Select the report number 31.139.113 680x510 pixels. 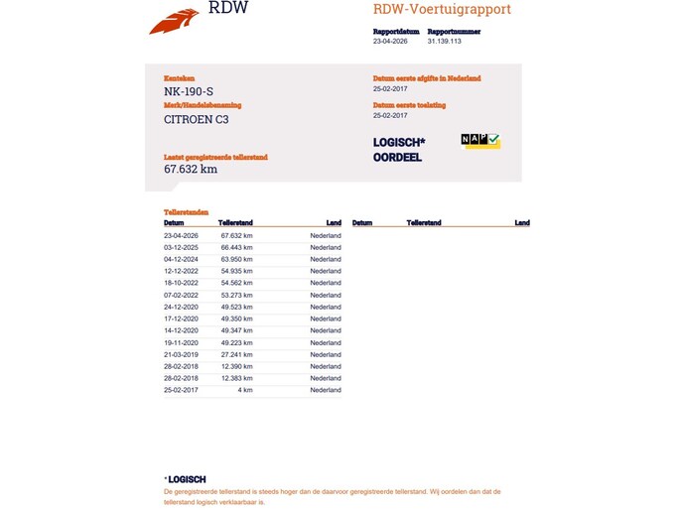(444, 42)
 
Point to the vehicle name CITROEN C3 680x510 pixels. (196, 119)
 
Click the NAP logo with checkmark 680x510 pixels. (480, 141)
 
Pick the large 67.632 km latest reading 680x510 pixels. (191, 169)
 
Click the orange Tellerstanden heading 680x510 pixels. (186, 212)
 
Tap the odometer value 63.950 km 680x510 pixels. (236, 259)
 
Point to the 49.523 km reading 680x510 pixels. (236, 307)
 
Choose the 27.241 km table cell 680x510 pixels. (236, 354)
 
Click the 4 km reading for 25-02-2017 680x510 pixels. (245, 390)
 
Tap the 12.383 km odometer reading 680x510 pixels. (236, 378)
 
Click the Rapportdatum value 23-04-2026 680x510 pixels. (390, 42)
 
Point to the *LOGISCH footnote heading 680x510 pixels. (186, 479)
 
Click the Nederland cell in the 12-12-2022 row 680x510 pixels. (326, 271)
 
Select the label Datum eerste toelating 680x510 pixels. (409, 104)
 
